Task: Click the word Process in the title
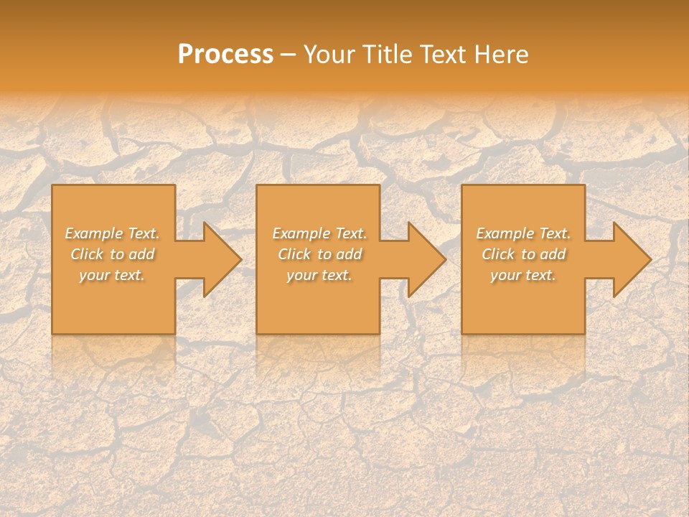[225, 55]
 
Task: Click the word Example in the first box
[94, 233]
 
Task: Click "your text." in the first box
[112, 275]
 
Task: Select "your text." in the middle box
[319, 275]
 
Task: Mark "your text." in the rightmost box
[523, 275]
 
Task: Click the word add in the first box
[141, 254]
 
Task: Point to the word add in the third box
[553, 254]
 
